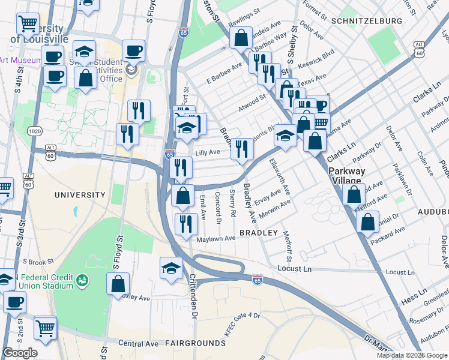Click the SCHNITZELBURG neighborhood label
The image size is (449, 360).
[x=366, y=21]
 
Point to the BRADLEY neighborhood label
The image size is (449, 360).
[x=259, y=232]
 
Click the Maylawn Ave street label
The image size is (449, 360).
[x=217, y=238]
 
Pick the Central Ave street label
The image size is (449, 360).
[x=138, y=344]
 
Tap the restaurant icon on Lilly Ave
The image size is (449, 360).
[x=241, y=148]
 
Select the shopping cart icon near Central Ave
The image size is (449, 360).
[x=46, y=327]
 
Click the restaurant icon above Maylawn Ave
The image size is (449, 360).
[x=186, y=224]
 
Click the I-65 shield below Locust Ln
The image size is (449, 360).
[x=258, y=280]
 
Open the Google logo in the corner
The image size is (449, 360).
[x=20, y=353]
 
